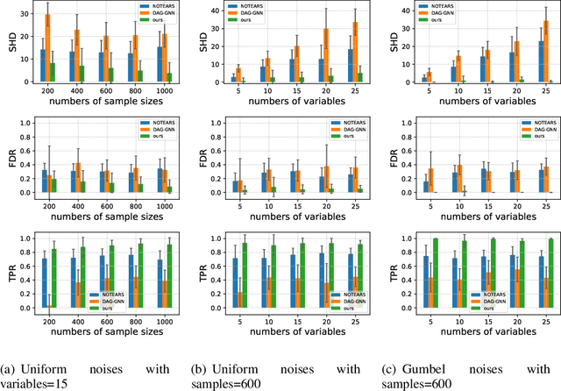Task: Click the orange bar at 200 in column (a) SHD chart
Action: pyautogui.click(x=47, y=49)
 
